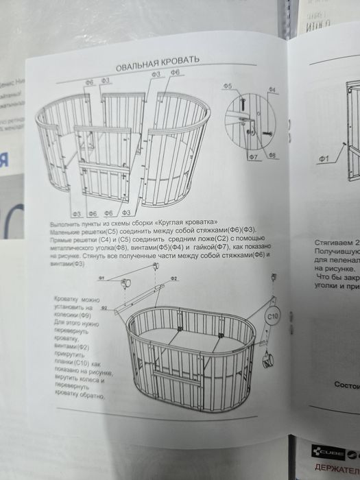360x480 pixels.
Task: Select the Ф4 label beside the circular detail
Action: [x=272, y=91]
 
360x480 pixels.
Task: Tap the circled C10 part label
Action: [x=271, y=317]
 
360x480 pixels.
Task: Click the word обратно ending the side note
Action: [x=93, y=396]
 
